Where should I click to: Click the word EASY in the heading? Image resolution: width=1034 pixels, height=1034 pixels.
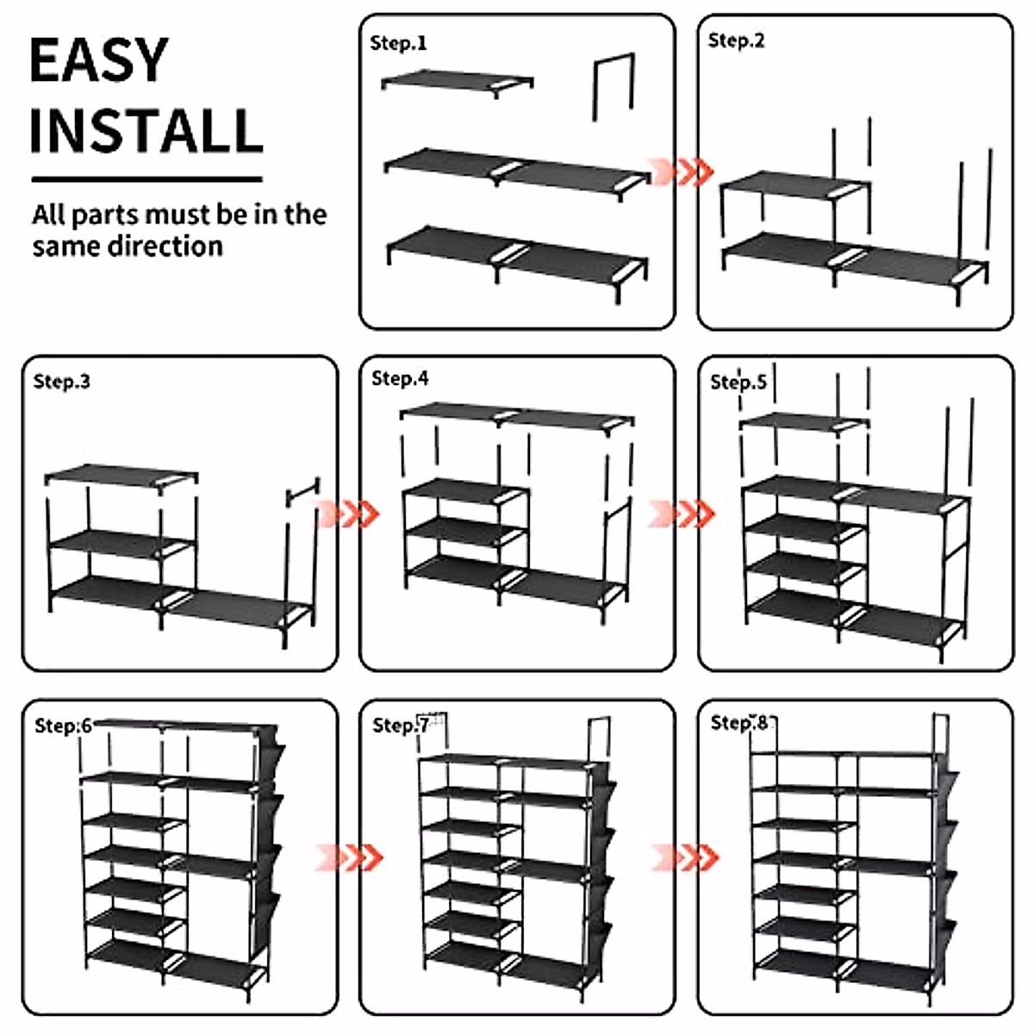click(x=98, y=60)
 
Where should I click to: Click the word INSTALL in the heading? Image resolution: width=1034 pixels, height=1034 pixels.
click(x=146, y=131)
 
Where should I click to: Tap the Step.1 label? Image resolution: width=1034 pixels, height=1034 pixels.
click(x=398, y=43)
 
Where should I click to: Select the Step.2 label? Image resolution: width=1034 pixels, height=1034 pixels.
click(x=736, y=40)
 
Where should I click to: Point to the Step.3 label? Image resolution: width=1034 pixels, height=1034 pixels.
click(x=61, y=382)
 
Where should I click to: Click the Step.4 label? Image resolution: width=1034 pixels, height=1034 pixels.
click(x=400, y=379)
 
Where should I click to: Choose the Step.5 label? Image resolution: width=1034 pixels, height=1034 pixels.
click(x=738, y=382)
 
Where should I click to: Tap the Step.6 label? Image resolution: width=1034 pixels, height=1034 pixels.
click(x=63, y=726)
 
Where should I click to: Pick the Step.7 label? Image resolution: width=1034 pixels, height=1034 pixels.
click(x=400, y=726)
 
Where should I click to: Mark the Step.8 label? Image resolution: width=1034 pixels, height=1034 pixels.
click(x=738, y=723)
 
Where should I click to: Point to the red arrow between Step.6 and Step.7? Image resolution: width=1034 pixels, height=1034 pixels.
click(x=348, y=857)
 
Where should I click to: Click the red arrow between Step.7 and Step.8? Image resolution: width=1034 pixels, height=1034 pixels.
click(x=684, y=857)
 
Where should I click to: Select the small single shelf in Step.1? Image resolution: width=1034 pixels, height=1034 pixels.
click(x=457, y=83)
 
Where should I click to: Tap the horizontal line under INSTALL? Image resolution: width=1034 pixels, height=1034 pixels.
click(x=146, y=179)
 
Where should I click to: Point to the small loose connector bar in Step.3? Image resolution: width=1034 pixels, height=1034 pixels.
click(x=302, y=494)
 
